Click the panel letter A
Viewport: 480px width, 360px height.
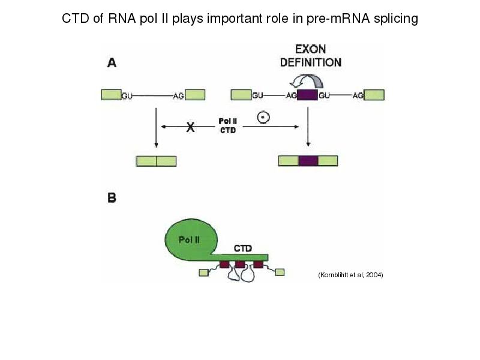pyautogui.click(x=112, y=61)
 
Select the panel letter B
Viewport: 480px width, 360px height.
pyautogui.click(x=112, y=197)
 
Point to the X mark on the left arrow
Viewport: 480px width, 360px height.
pyautogui.click(x=191, y=127)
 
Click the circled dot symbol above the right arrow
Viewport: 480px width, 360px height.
pyautogui.click(x=263, y=118)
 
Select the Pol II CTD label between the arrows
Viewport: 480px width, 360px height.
pyautogui.click(x=227, y=126)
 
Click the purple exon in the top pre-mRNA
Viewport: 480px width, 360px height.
pyautogui.click(x=307, y=95)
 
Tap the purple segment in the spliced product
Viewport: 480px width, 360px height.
pyautogui.click(x=308, y=160)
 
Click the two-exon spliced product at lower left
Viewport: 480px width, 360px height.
pyautogui.click(x=156, y=161)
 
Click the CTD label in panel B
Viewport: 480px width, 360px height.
pyautogui.click(x=242, y=247)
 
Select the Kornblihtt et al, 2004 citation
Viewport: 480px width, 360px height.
pyautogui.click(x=350, y=275)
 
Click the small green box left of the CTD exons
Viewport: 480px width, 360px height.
pyautogui.click(x=203, y=273)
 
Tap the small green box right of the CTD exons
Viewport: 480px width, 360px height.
pyautogui.click(x=280, y=272)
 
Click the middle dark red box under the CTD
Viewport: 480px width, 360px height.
pyautogui.click(x=240, y=265)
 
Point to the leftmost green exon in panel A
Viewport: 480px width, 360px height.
pyautogui.click(x=111, y=94)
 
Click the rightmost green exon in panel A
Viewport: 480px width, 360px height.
pyautogui.click(x=374, y=95)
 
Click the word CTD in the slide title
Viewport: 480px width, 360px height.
pyautogui.click(x=75, y=19)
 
